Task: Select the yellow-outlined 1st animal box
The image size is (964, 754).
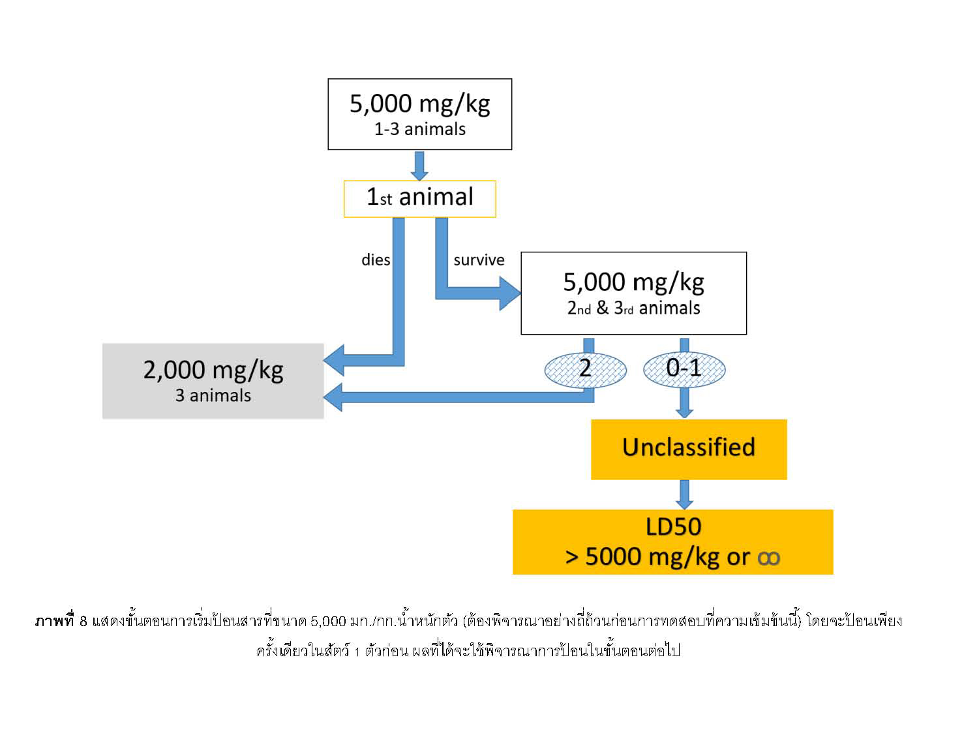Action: tap(419, 198)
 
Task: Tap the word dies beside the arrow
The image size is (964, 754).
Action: tap(376, 260)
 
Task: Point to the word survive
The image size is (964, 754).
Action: tap(479, 260)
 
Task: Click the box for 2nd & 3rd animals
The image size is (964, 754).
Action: tap(633, 293)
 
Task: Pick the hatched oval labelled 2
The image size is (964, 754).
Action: tap(585, 369)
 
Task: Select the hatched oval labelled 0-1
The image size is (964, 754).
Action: tap(684, 369)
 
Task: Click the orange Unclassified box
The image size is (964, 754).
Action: tap(689, 449)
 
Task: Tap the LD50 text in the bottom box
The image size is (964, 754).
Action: tap(673, 527)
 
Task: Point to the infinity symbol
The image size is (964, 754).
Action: tap(768, 558)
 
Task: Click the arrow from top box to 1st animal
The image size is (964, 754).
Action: tap(420, 166)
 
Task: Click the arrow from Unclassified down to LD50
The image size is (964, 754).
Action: tap(684, 495)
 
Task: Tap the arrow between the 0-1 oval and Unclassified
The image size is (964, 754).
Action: tap(684, 404)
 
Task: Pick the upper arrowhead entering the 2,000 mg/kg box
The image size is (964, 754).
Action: tap(335, 360)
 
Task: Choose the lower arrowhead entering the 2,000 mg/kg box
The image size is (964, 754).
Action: tap(335, 397)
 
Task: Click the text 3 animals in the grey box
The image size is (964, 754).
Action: tap(213, 395)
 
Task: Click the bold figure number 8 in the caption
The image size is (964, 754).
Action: tap(83, 621)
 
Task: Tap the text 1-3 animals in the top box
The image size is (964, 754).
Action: tap(419, 129)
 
